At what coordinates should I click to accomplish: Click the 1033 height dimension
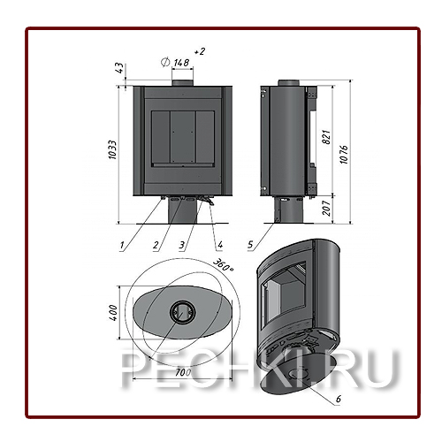112,150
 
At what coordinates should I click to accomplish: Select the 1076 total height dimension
344,155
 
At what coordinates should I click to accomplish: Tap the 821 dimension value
327,137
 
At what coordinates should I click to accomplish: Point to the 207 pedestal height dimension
327,208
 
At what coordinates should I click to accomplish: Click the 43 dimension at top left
121,68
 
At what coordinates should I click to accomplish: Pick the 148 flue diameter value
181,63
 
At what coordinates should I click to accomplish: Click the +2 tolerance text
200,52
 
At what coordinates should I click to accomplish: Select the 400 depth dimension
113,313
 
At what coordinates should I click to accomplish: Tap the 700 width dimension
183,372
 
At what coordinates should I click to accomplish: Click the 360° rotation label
223,265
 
